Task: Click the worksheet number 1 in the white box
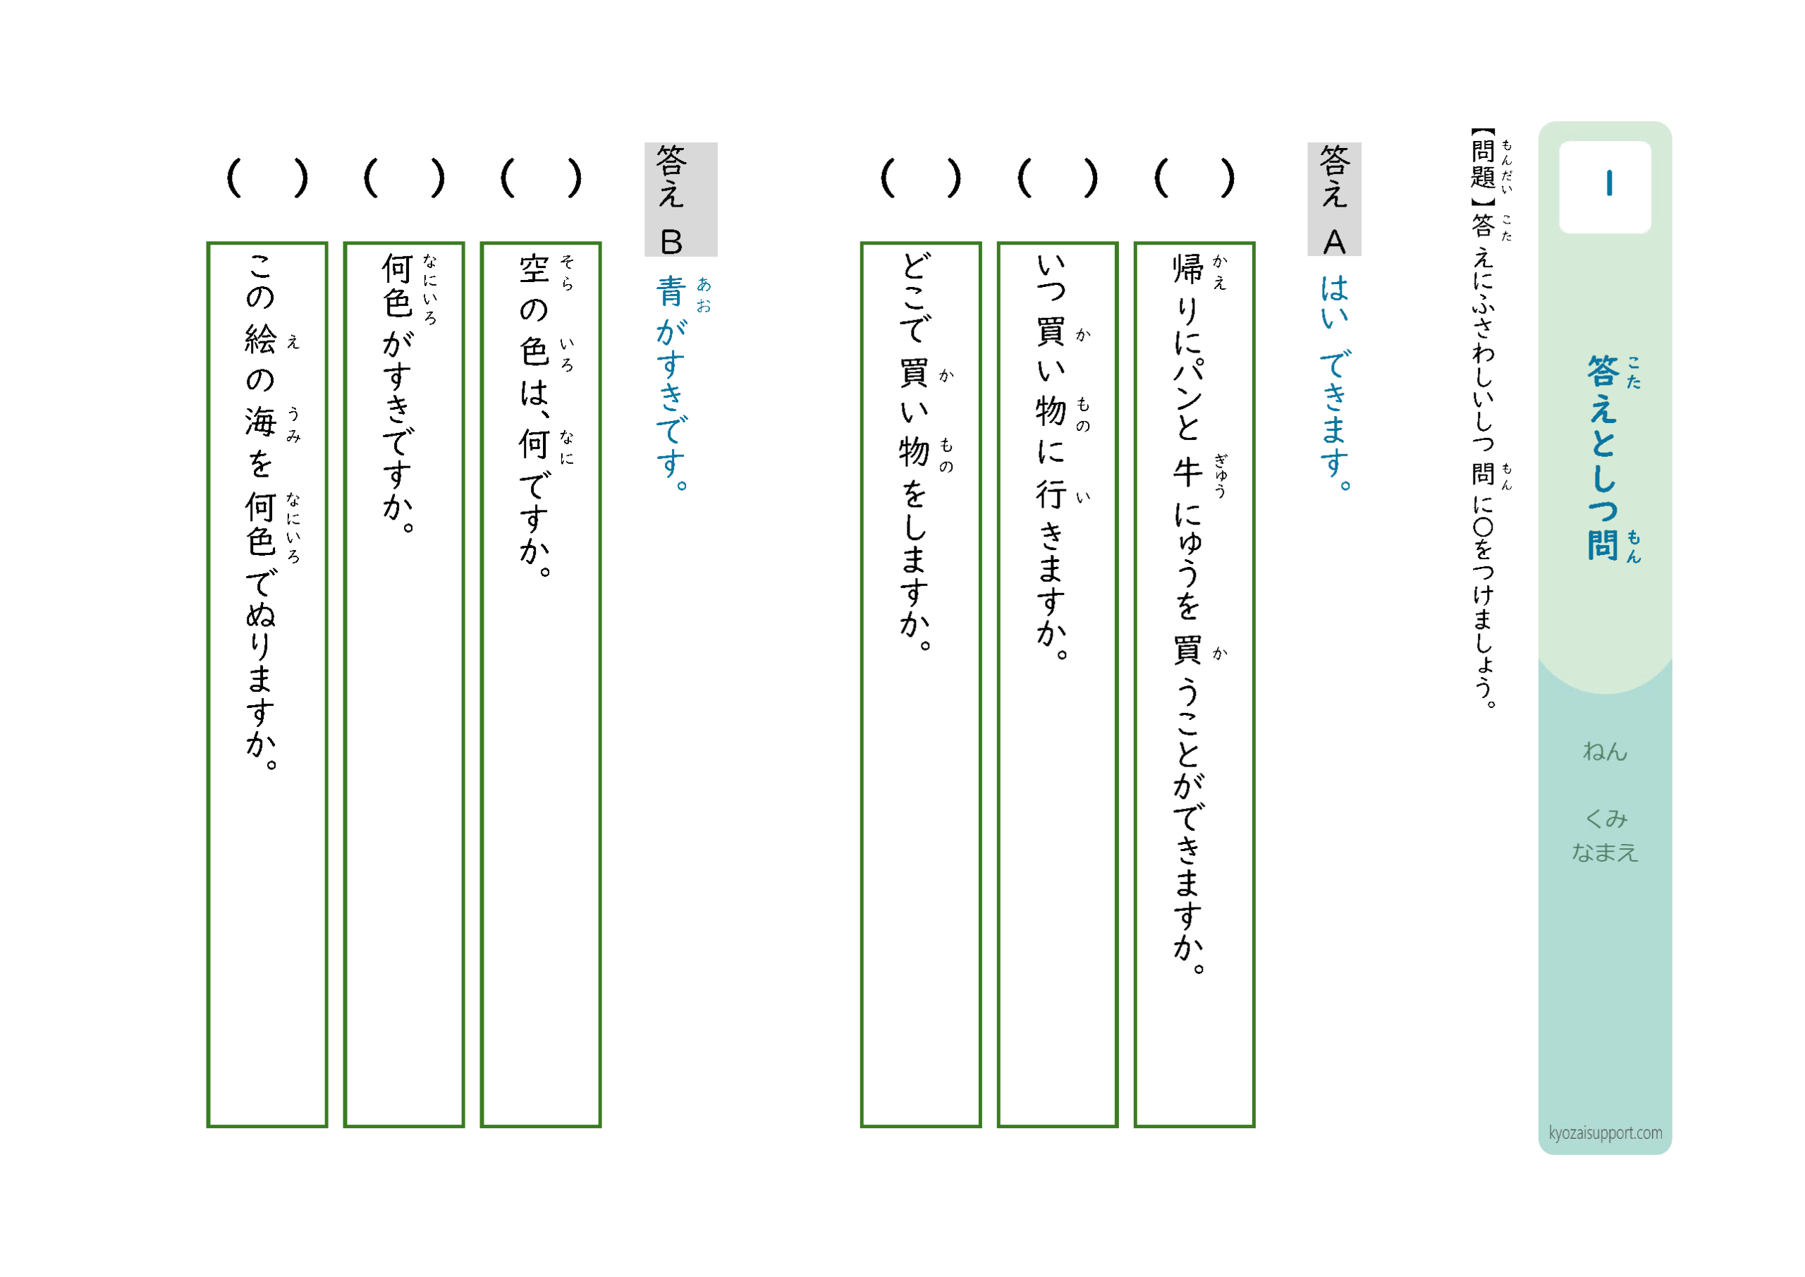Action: tap(1609, 183)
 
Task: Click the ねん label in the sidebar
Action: tap(1605, 751)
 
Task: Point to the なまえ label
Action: tap(1605, 852)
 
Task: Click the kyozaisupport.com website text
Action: tap(1605, 1133)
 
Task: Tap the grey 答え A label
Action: tap(1334, 199)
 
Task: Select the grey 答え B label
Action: tap(681, 199)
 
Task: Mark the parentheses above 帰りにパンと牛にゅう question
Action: tap(1194, 178)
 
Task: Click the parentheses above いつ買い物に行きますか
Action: tap(1058, 178)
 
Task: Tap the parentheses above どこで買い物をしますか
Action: tap(921, 178)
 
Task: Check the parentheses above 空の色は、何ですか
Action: tap(541, 178)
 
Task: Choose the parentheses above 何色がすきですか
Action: tap(404, 178)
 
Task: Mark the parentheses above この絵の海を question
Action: tap(267, 178)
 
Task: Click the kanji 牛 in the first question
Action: tap(1187, 472)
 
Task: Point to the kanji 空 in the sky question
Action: tap(534, 269)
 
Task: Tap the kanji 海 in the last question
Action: tap(260, 422)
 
